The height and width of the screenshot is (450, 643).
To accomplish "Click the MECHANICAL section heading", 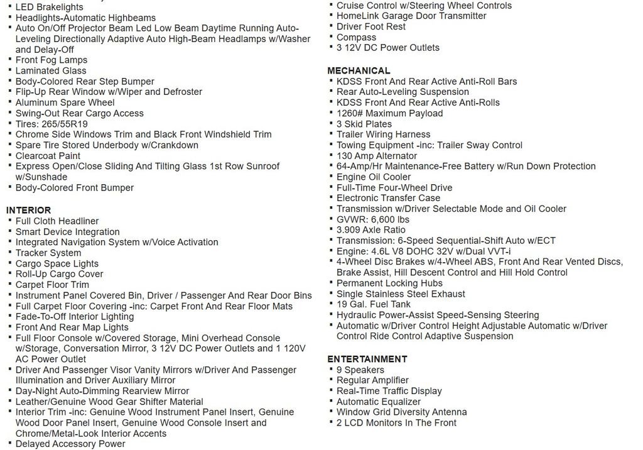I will point(359,71).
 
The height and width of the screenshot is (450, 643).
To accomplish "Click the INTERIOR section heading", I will point(29,210).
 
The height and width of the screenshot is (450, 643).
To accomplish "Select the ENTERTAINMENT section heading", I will point(367,359).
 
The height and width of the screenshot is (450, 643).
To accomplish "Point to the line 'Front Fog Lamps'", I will point(51,60).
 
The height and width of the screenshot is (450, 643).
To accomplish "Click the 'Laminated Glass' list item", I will point(51,71).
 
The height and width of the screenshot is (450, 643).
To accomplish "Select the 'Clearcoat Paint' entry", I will point(48,156).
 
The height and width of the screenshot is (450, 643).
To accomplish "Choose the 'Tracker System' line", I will point(48,253).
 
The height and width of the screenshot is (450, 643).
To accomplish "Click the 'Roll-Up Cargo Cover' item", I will point(59,274).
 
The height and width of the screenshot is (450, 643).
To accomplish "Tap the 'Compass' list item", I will point(356,37).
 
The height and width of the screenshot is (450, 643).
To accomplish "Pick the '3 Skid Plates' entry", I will point(364,124).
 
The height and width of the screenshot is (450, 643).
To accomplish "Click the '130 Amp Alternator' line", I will point(377,156).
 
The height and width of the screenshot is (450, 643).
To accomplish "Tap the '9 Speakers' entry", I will point(360,370).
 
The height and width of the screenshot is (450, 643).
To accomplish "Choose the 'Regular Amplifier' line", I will point(372,380).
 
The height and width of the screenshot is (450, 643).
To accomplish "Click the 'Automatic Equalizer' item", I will point(379,402).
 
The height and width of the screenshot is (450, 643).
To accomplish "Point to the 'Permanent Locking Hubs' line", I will point(389,283).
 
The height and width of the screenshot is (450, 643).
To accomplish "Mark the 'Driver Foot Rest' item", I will point(371,26).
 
